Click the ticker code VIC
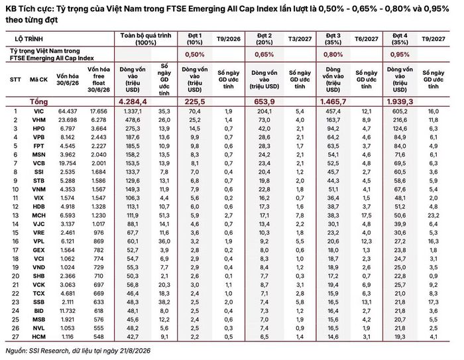(x=38, y=111)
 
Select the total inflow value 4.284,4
(x=133, y=102)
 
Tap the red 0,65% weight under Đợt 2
(x=264, y=54)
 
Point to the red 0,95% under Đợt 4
(x=400, y=54)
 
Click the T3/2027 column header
(x=300, y=38)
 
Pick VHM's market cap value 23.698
(x=68, y=120)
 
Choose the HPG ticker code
(x=38, y=129)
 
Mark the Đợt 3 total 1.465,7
(x=333, y=102)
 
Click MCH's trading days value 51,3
(x=164, y=215)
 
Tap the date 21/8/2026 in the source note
(x=135, y=351)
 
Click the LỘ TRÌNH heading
(x=29, y=39)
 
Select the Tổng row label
(x=38, y=102)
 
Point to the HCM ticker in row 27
(x=38, y=337)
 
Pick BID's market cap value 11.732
(x=68, y=311)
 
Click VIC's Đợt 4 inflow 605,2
(x=400, y=111)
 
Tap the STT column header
(x=15, y=80)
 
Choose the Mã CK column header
(x=38, y=80)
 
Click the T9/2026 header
(x=229, y=38)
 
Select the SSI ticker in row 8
(x=38, y=172)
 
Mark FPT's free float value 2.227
(x=99, y=146)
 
